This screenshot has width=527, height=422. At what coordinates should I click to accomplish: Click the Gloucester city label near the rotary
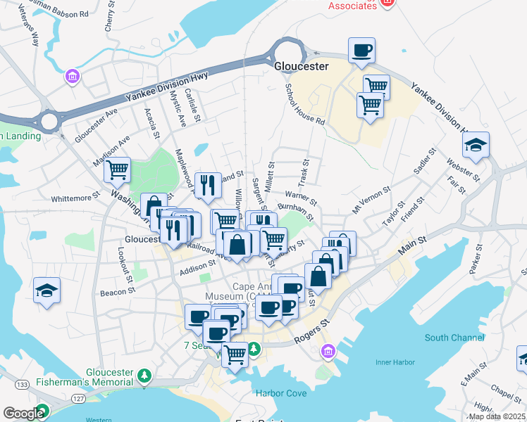click(301, 66)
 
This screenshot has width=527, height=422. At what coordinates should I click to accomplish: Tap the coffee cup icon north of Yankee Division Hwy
click(361, 51)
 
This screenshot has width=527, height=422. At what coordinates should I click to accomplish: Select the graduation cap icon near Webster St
click(476, 146)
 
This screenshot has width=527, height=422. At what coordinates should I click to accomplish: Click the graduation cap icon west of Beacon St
click(46, 290)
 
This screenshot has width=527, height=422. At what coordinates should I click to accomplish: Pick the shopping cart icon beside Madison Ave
click(117, 170)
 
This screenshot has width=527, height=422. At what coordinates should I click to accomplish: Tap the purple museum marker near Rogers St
click(328, 350)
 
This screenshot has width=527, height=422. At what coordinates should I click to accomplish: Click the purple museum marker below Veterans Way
click(71, 76)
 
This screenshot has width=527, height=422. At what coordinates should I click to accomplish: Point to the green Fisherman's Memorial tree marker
click(144, 374)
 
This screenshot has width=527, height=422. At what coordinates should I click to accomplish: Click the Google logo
click(23, 414)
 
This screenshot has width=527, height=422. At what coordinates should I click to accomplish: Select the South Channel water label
click(454, 338)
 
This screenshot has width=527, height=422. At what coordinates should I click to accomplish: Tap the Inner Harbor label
click(392, 363)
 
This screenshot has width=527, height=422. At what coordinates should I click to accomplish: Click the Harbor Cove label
click(280, 393)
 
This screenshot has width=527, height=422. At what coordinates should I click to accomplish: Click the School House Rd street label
click(304, 105)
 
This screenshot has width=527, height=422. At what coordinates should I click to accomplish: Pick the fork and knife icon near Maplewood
click(207, 185)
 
